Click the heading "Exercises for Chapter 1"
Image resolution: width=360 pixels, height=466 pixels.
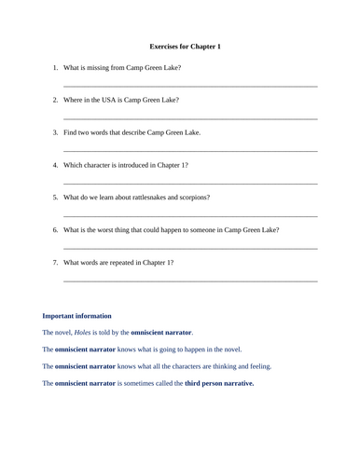[185, 46]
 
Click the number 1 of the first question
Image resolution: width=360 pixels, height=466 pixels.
[54, 68]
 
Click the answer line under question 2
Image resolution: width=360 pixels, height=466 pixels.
[190, 118]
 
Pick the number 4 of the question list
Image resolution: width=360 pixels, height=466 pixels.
[54, 165]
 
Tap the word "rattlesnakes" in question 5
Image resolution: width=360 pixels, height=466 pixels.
[150, 198]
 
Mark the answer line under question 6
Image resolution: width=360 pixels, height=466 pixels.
[190, 249]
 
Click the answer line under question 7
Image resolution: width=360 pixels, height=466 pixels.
[190, 281]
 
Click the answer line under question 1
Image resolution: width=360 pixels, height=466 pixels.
[190, 87]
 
